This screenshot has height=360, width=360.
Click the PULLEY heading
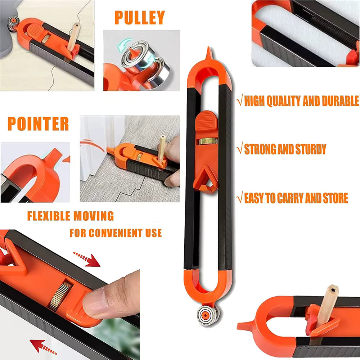pyautogui.click(x=140, y=18)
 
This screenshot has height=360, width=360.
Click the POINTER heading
pyautogui.click(x=38, y=124)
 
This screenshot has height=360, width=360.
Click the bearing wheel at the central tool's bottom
pyautogui.click(x=204, y=313)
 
